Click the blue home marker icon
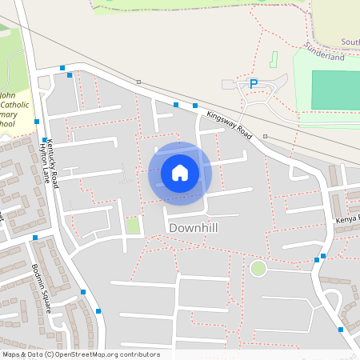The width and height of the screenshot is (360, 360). pyautogui.click(x=179, y=173)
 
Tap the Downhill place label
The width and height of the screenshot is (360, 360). pyautogui.click(x=194, y=228)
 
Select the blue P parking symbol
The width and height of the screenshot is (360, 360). pyautogui.click(x=254, y=84)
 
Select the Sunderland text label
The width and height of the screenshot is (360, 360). pyautogui.click(x=325, y=58)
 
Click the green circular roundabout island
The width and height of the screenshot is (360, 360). pyautogui.click(x=258, y=268)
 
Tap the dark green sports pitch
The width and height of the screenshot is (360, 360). pyautogui.click(x=335, y=90)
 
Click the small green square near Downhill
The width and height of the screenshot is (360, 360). pyautogui.click(x=133, y=226)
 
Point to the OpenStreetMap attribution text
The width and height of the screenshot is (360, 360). pyautogui.click(x=81, y=354)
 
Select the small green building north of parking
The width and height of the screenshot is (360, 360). pyautogui.click(x=273, y=59)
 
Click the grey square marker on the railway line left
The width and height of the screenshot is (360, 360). pyautogui.click(x=138, y=82)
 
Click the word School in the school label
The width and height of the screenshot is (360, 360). pyautogui.click(x=6, y=124)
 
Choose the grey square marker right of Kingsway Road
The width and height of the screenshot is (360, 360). pyautogui.click(x=265, y=137)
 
